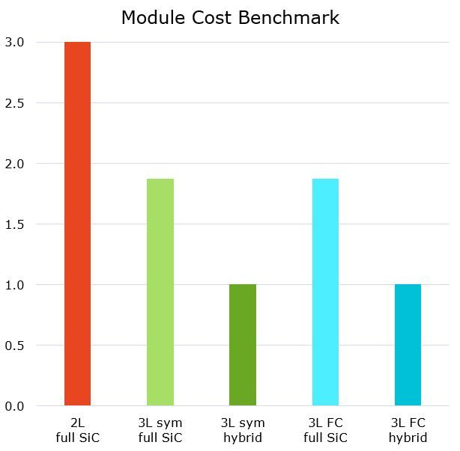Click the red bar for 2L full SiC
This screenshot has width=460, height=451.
[x=77, y=224]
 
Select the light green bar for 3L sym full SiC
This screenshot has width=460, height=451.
[x=160, y=292]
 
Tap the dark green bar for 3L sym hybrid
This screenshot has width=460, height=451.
[x=243, y=345]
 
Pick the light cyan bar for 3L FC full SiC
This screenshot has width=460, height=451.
[x=325, y=292]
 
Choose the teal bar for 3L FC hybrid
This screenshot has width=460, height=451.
[x=408, y=345]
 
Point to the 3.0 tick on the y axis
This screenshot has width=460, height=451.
[x=14, y=42]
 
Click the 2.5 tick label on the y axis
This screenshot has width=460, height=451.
[x=14, y=102]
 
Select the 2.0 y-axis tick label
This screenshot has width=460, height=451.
[x=14, y=163]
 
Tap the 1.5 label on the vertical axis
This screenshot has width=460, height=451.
[x=14, y=224]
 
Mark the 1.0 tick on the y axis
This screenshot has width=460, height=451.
[x=14, y=284]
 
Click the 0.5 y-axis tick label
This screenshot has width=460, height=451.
[x=14, y=345]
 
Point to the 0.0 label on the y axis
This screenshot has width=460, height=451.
[x=14, y=405]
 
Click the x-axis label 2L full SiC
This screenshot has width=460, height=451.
[x=77, y=430]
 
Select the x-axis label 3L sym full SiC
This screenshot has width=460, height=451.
[x=160, y=430]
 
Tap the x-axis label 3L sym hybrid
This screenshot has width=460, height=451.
[x=243, y=430]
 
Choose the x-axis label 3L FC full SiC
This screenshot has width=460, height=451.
[x=325, y=430]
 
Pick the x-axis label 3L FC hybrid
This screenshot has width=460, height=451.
[x=408, y=430]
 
